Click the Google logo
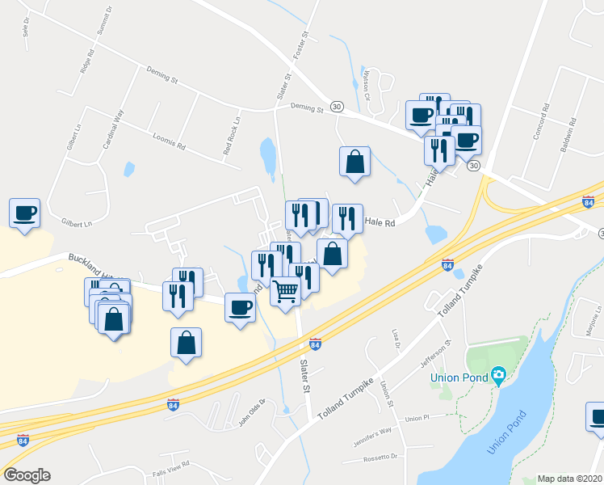pyautogui.click(x=27, y=475)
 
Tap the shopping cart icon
pyautogui.click(x=286, y=290)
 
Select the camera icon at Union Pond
pyautogui.click(x=499, y=373)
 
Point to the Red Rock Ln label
pyautogui.click(x=233, y=136)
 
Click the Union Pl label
pyautogui.click(x=416, y=419)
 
